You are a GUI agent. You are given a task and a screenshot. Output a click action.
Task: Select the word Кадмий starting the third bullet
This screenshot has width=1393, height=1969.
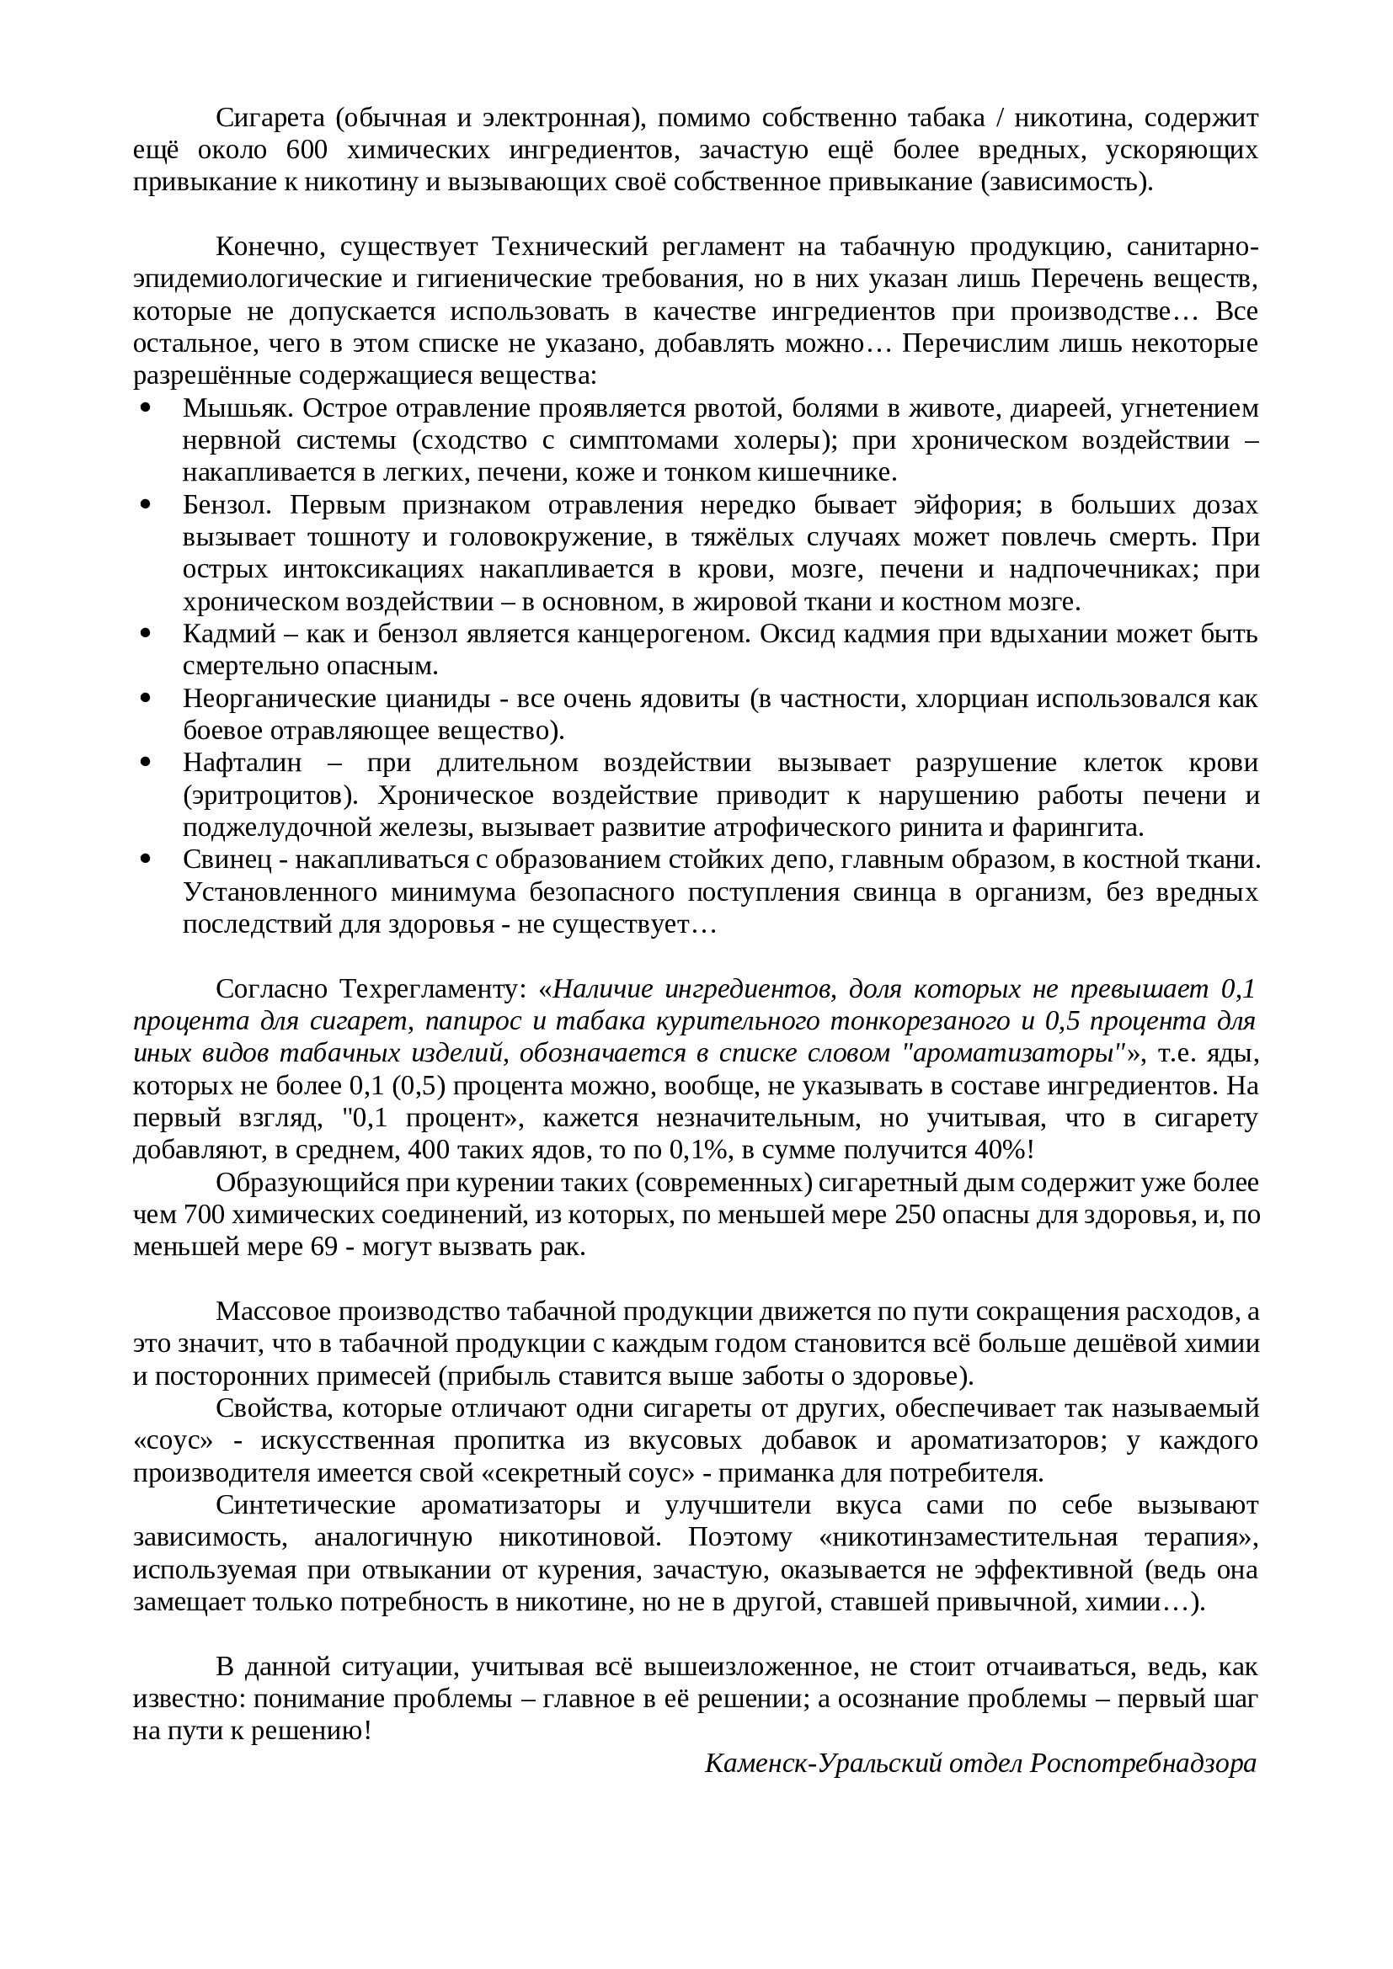pos(229,634)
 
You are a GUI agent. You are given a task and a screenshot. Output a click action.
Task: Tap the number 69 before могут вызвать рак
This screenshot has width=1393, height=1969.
pos(325,1247)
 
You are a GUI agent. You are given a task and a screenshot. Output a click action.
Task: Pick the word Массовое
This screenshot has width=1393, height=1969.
pos(272,1312)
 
